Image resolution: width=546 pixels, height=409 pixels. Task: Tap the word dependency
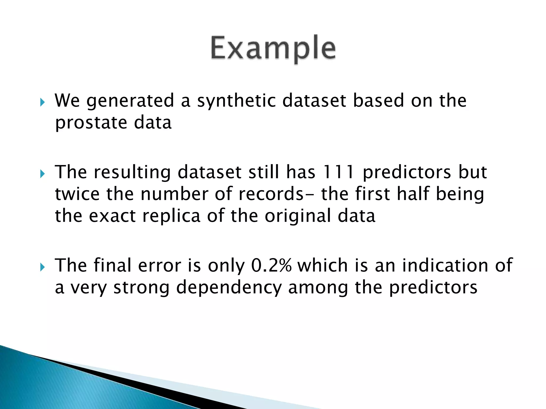pos(229,288)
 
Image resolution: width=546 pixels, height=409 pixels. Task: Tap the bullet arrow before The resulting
pos(42,174)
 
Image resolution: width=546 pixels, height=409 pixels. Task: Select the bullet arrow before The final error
pos(42,267)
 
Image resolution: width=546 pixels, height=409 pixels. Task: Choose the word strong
pos(141,288)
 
